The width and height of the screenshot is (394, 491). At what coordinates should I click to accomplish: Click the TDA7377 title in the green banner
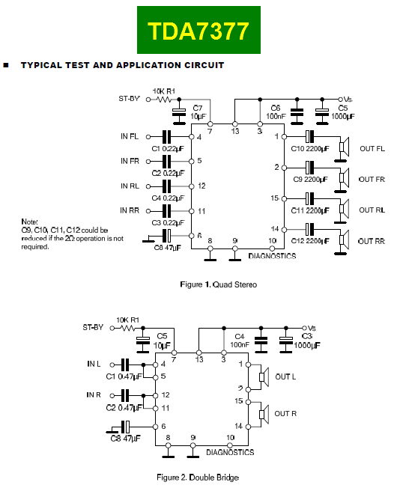[x=198, y=31]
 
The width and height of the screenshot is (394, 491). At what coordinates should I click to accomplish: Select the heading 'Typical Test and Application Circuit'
[x=122, y=65]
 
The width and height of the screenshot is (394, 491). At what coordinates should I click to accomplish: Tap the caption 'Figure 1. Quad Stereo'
[x=219, y=284]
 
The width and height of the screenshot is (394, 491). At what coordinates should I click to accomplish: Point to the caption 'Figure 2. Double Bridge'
[x=198, y=477]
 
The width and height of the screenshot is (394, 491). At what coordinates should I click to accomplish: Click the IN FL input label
[x=130, y=136]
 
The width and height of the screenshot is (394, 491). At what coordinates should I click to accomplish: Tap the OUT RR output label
[x=372, y=240]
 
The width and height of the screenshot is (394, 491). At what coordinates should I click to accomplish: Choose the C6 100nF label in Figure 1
[x=275, y=112]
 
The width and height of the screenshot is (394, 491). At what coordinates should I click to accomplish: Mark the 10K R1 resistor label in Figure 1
[x=163, y=91]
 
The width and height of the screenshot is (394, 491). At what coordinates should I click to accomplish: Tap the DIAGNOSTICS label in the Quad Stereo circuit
[x=272, y=256]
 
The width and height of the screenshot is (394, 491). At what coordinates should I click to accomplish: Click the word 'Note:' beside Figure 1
[x=30, y=222]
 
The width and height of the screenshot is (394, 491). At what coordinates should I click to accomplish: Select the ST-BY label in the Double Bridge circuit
[x=93, y=327]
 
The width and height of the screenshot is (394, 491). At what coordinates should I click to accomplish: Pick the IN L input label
[x=94, y=364]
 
